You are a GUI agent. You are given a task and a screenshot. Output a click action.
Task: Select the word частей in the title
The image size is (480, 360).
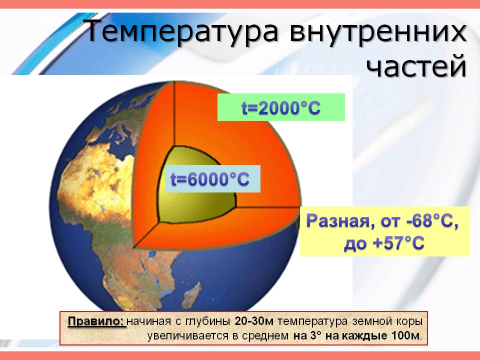tap(416, 66)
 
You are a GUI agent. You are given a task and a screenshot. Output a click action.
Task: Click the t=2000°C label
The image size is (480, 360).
tap(281, 108)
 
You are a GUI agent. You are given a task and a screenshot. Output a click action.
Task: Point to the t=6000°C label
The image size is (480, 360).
tap(209, 179)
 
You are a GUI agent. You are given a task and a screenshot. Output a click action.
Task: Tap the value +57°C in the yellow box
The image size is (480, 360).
tap(398, 243)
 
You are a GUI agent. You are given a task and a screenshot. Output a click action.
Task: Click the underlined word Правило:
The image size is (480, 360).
tap(96, 321)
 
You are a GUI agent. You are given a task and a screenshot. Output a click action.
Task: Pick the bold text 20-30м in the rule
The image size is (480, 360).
tap(253, 321)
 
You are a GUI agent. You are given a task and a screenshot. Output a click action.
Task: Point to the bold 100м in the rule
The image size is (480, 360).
tap(405, 336)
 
